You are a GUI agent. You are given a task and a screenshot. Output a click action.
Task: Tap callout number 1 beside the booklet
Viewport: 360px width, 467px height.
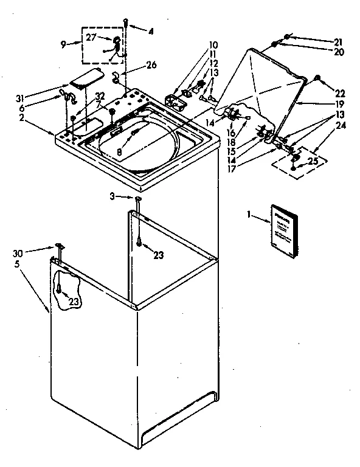pos(249,214)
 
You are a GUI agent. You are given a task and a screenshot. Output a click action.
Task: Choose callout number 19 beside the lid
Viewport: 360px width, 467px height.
pos(338,105)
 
